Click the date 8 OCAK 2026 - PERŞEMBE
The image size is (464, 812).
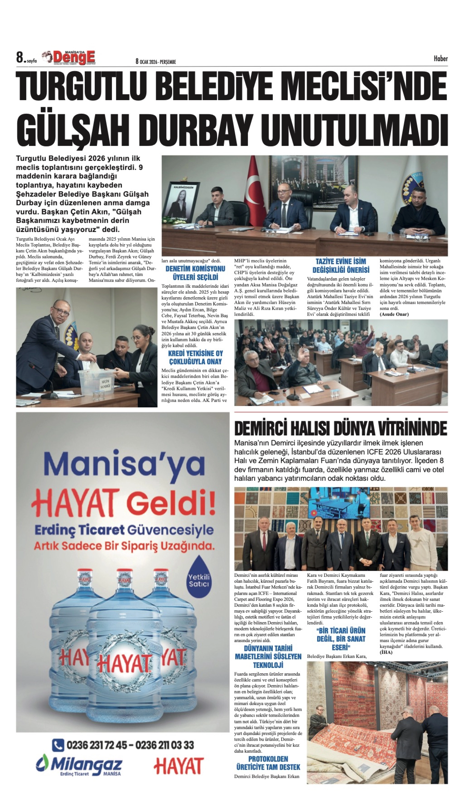click(156, 62)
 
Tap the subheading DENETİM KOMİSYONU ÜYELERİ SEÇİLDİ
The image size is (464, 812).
click(195, 273)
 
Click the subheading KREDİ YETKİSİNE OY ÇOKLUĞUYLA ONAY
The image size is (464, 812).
click(195, 357)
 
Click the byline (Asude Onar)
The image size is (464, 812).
click(394, 314)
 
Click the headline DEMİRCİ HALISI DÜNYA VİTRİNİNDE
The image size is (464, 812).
click(340, 429)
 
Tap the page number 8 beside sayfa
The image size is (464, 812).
click(20, 58)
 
